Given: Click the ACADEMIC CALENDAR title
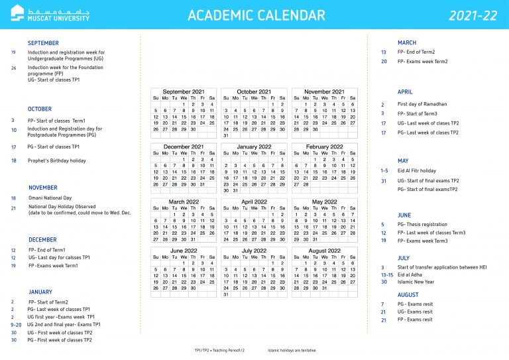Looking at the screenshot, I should [256, 15].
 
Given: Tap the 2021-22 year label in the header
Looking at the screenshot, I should [474, 15].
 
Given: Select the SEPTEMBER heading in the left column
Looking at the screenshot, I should [43, 43].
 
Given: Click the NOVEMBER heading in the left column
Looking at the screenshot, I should [43, 188].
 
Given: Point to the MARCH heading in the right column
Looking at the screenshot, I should [407, 42].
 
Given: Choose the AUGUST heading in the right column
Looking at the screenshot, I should [408, 294].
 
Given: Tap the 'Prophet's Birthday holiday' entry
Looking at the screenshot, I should [56, 160].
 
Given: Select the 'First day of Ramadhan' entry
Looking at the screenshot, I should [422, 104].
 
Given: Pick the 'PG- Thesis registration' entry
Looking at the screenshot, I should [424, 224].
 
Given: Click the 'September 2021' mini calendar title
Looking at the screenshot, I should [184, 91].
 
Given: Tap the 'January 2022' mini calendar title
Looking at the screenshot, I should [254, 147].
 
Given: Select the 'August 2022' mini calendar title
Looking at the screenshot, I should [325, 251].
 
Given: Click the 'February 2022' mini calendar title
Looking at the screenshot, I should [325, 147].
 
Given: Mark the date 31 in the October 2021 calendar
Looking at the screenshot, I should [226, 135].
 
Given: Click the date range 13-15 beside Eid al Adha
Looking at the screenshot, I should [387, 274].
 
